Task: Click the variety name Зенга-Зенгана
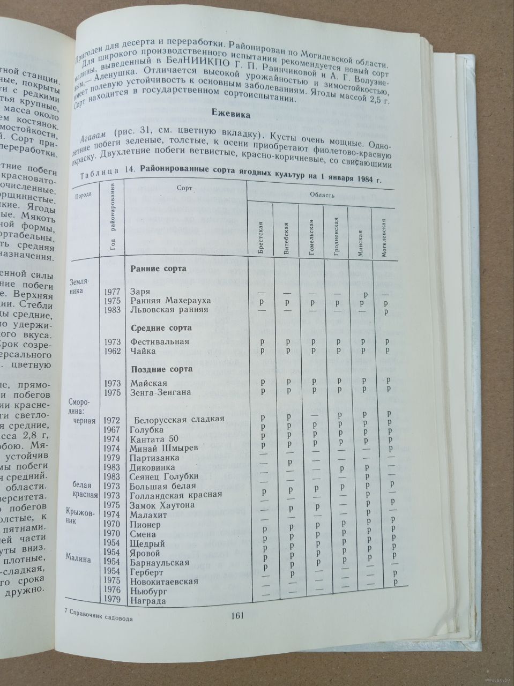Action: click(161, 392)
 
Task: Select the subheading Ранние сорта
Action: click(159, 269)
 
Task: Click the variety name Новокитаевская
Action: click(164, 581)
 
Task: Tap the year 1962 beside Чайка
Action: click(113, 351)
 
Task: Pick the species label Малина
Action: click(78, 558)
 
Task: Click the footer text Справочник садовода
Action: click(100, 617)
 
